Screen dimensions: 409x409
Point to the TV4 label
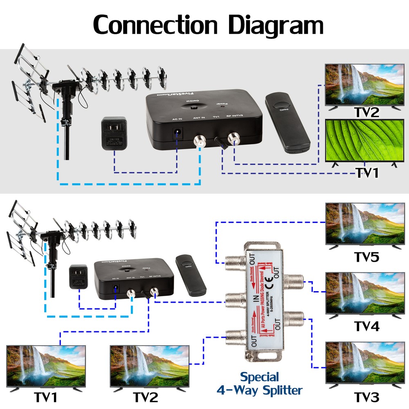click(366, 326)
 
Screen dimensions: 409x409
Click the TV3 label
click(366, 396)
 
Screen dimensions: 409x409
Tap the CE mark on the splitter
click(270, 281)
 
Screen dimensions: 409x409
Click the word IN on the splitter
click(255, 300)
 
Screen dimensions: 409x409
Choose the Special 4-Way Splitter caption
click(259, 383)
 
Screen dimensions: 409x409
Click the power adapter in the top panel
click(114, 133)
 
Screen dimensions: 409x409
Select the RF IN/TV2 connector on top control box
click(234, 138)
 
